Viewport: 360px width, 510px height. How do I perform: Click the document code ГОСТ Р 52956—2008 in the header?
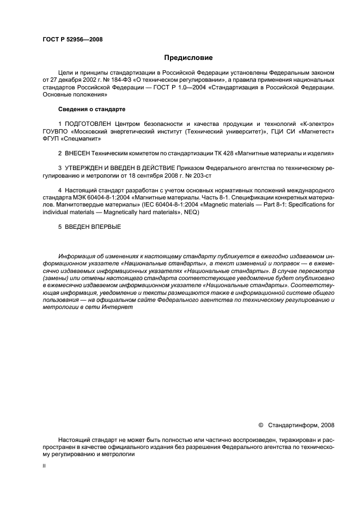pyautogui.click(x=72, y=39)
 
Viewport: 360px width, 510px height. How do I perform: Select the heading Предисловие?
pyautogui.click(x=188, y=57)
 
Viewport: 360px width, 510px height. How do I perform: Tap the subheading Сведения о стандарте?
pyautogui.click(x=91, y=110)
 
